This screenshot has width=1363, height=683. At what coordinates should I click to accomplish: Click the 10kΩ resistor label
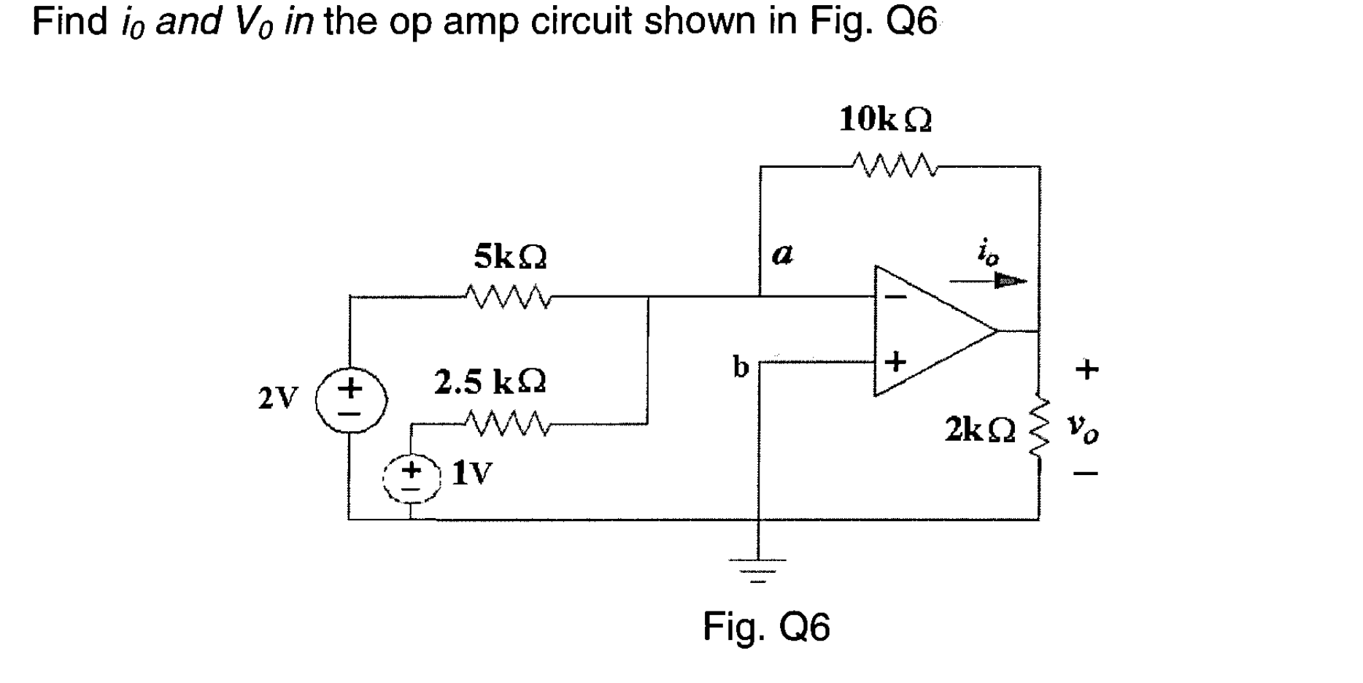[885, 119]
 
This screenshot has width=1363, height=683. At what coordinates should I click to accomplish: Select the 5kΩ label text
[510, 256]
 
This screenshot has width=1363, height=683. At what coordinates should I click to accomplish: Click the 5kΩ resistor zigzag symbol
[509, 296]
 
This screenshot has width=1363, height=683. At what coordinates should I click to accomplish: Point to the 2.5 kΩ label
[490, 382]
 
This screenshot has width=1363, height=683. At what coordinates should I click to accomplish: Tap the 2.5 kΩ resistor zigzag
[505, 421]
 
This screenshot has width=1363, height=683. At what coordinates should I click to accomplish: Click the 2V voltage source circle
[351, 400]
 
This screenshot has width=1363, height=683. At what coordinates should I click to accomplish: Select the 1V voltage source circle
[412, 479]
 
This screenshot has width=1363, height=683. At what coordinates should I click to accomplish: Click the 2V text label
[278, 398]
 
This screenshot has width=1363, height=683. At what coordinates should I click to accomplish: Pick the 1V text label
[472, 474]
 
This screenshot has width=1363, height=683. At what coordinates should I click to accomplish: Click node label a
[781, 255]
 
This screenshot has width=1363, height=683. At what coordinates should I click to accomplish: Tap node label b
[741, 366]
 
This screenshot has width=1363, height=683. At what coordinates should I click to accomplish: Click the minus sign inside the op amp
[897, 297]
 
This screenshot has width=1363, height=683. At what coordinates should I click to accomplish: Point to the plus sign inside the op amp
[895, 360]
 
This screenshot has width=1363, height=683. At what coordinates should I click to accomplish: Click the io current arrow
[988, 281]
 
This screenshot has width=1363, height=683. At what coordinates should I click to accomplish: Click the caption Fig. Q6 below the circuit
[766, 626]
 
